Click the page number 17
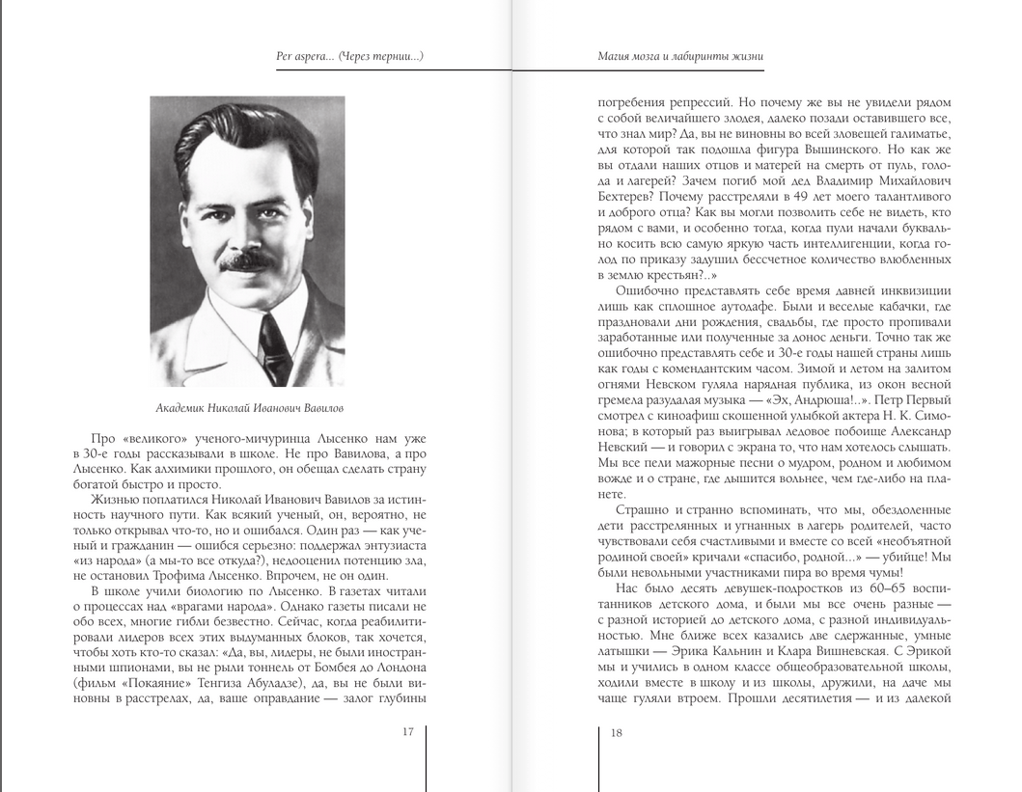point(407,732)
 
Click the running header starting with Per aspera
point(349,56)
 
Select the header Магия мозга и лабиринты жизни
point(681,56)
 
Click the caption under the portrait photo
point(249,407)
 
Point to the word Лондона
point(396,667)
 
